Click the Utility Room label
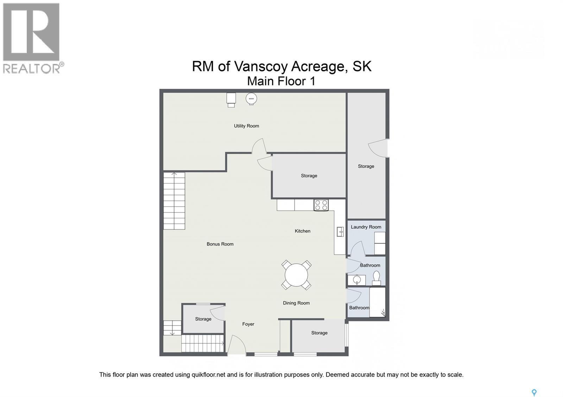pyautogui.click(x=246, y=126)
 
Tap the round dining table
pyautogui.click(x=296, y=275)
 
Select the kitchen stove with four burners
pyautogui.click(x=321, y=205)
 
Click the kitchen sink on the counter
pyautogui.click(x=340, y=232)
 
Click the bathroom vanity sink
pyautogui.click(x=357, y=280)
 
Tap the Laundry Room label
pyautogui.click(x=366, y=227)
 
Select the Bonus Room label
pyautogui.click(x=220, y=244)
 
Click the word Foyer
pyautogui.click(x=248, y=324)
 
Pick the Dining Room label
pyautogui.click(x=296, y=303)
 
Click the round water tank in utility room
pyautogui.click(x=251, y=99)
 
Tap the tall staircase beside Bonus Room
pyautogui.click(x=174, y=201)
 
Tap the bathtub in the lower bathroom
pyautogui.click(x=377, y=302)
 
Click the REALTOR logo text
pyautogui.click(x=32, y=68)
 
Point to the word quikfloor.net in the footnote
pyautogui.click(x=208, y=375)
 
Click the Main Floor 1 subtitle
pyautogui.click(x=281, y=81)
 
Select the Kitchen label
pyautogui.click(x=303, y=231)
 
